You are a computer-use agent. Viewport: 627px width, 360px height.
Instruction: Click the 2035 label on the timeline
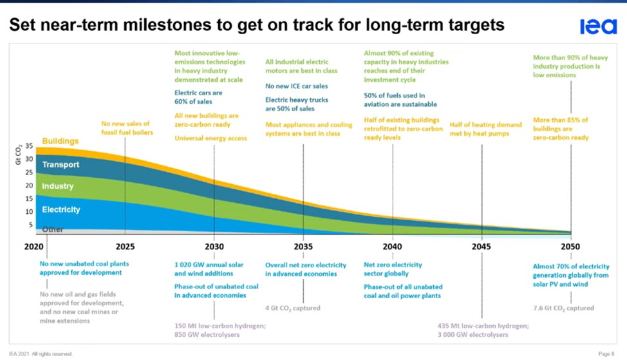303,247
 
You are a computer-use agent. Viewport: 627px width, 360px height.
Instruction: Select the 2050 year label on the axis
570,247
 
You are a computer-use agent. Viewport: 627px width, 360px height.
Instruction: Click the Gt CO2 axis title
18,155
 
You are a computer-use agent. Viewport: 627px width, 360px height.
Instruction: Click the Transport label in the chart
61,165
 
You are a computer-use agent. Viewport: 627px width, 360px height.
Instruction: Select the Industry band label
58,186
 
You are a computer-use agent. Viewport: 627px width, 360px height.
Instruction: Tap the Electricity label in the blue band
61,209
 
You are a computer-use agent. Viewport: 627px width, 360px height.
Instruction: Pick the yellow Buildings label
61,141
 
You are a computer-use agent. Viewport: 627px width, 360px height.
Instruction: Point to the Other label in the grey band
53,229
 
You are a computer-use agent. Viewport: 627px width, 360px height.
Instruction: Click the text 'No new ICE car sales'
296,86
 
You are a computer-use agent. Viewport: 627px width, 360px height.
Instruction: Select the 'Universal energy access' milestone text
211,138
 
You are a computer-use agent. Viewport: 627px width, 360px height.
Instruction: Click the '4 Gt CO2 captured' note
293,308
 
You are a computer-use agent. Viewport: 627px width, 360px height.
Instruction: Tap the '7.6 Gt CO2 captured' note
563,308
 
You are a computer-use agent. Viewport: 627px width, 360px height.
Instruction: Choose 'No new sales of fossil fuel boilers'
126,128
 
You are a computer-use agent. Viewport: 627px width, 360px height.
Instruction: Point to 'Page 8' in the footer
606,354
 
